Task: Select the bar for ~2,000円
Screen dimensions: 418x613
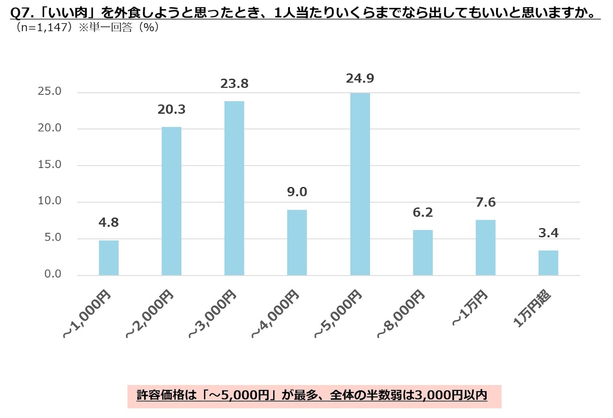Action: pos(171,201)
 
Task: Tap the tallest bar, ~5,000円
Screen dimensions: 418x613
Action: pos(360,184)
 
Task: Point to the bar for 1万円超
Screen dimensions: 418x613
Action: pos(548,263)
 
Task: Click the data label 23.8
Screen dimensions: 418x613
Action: pos(234,84)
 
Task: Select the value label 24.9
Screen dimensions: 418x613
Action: pos(360,78)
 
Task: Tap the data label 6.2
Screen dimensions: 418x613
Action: pos(423,213)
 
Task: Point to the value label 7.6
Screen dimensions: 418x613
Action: pos(486,202)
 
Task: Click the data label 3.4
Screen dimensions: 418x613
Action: pos(548,233)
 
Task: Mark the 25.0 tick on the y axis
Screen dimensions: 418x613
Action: pos(49,91)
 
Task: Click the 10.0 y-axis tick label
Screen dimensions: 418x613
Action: pos(49,201)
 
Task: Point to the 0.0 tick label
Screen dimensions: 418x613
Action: pos(53,274)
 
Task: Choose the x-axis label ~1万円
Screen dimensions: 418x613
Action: pos(470,308)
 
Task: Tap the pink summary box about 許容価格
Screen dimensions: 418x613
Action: pos(314,396)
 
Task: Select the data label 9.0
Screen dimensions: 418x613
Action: pos(297,192)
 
